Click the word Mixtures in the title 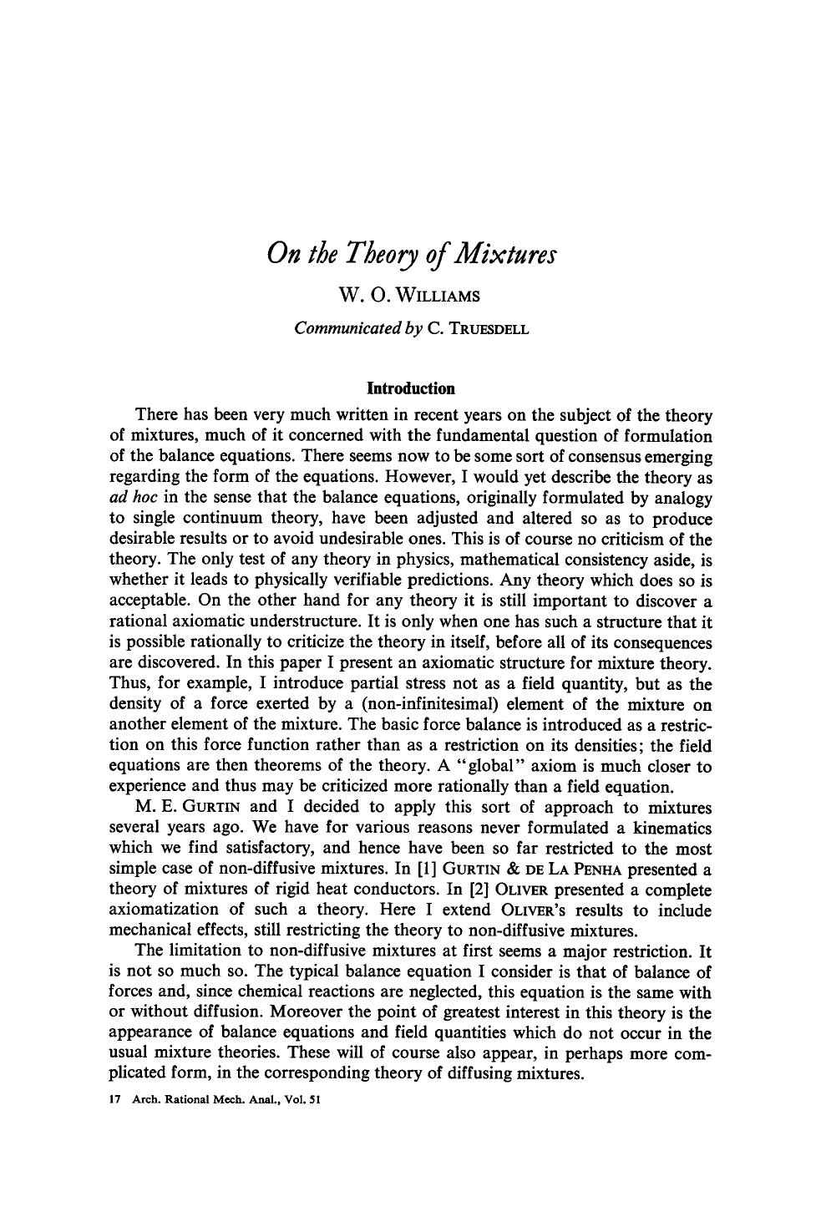pos(503,253)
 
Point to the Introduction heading pos(411,388)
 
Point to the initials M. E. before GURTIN pos(151,807)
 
